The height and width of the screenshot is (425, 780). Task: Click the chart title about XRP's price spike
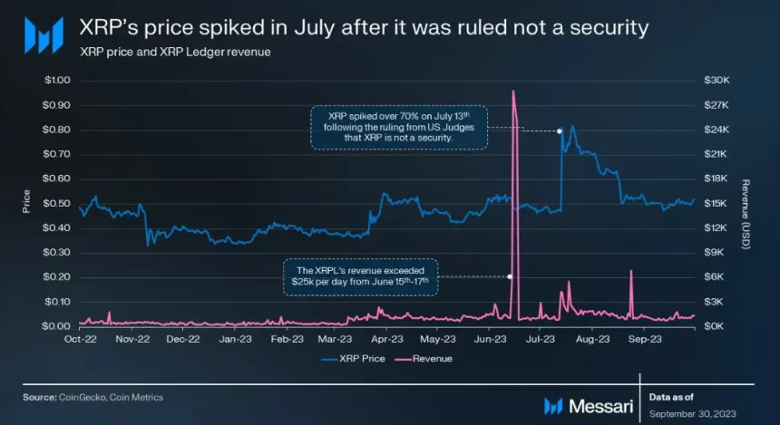point(364,28)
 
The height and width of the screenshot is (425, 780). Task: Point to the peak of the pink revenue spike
point(513,91)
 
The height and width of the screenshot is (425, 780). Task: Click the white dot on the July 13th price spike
point(560,131)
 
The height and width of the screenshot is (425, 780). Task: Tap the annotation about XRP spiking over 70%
point(398,127)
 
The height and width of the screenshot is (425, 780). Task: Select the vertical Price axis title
point(27,201)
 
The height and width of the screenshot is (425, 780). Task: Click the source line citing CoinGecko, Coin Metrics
point(93,397)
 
